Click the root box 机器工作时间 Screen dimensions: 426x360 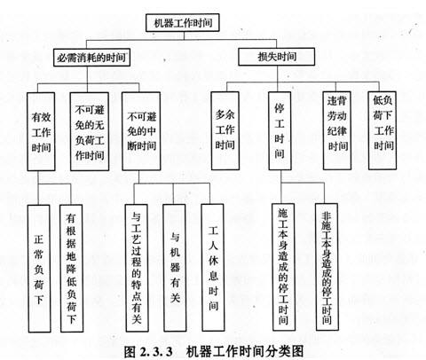pyautogui.click(x=183, y=22)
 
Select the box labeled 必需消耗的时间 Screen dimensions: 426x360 pyautogui.click(x=91, y=58)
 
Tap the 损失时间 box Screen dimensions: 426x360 pyautogui.click(x=276, y=57)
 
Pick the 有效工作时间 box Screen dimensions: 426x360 pyautogui.click(x=41, y=131)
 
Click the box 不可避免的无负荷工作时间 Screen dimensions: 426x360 pyautogui.click(x=90, y=131)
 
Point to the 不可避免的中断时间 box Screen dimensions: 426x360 pyautogui.click(x=141, y=131)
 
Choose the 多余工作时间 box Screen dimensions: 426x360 pyautogui.click(x=225, y=130)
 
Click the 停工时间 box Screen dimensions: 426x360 pyautogui.click(x=280, y=130)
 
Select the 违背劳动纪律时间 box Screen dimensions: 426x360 pyautogui.click(x=337, y=130)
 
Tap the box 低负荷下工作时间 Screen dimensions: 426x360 pyautogui.click(x=383, y=130)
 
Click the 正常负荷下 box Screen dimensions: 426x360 pyautogui.click(x=39, y=269)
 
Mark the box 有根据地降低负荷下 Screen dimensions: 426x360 pyautogui.click(x=71, y=269)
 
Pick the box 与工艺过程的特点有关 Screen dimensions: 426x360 pyautogui.click(x=137, y=268)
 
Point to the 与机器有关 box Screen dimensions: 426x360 pyautogui.click(x=175, y=268)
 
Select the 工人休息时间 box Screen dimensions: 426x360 pyautogui.click(x=213, y=268)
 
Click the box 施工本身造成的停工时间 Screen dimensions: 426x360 pyautogui.click(x=283, y=267)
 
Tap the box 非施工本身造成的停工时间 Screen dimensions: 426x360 pyautogui.click(x=327, y=267)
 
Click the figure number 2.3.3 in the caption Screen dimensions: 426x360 pyautogui.click(x=155, y=352)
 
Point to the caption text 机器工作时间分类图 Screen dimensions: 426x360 pyautogui.click(x=245, y=351)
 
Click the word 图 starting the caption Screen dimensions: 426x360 pyautogui.click(x=130, y=351)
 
